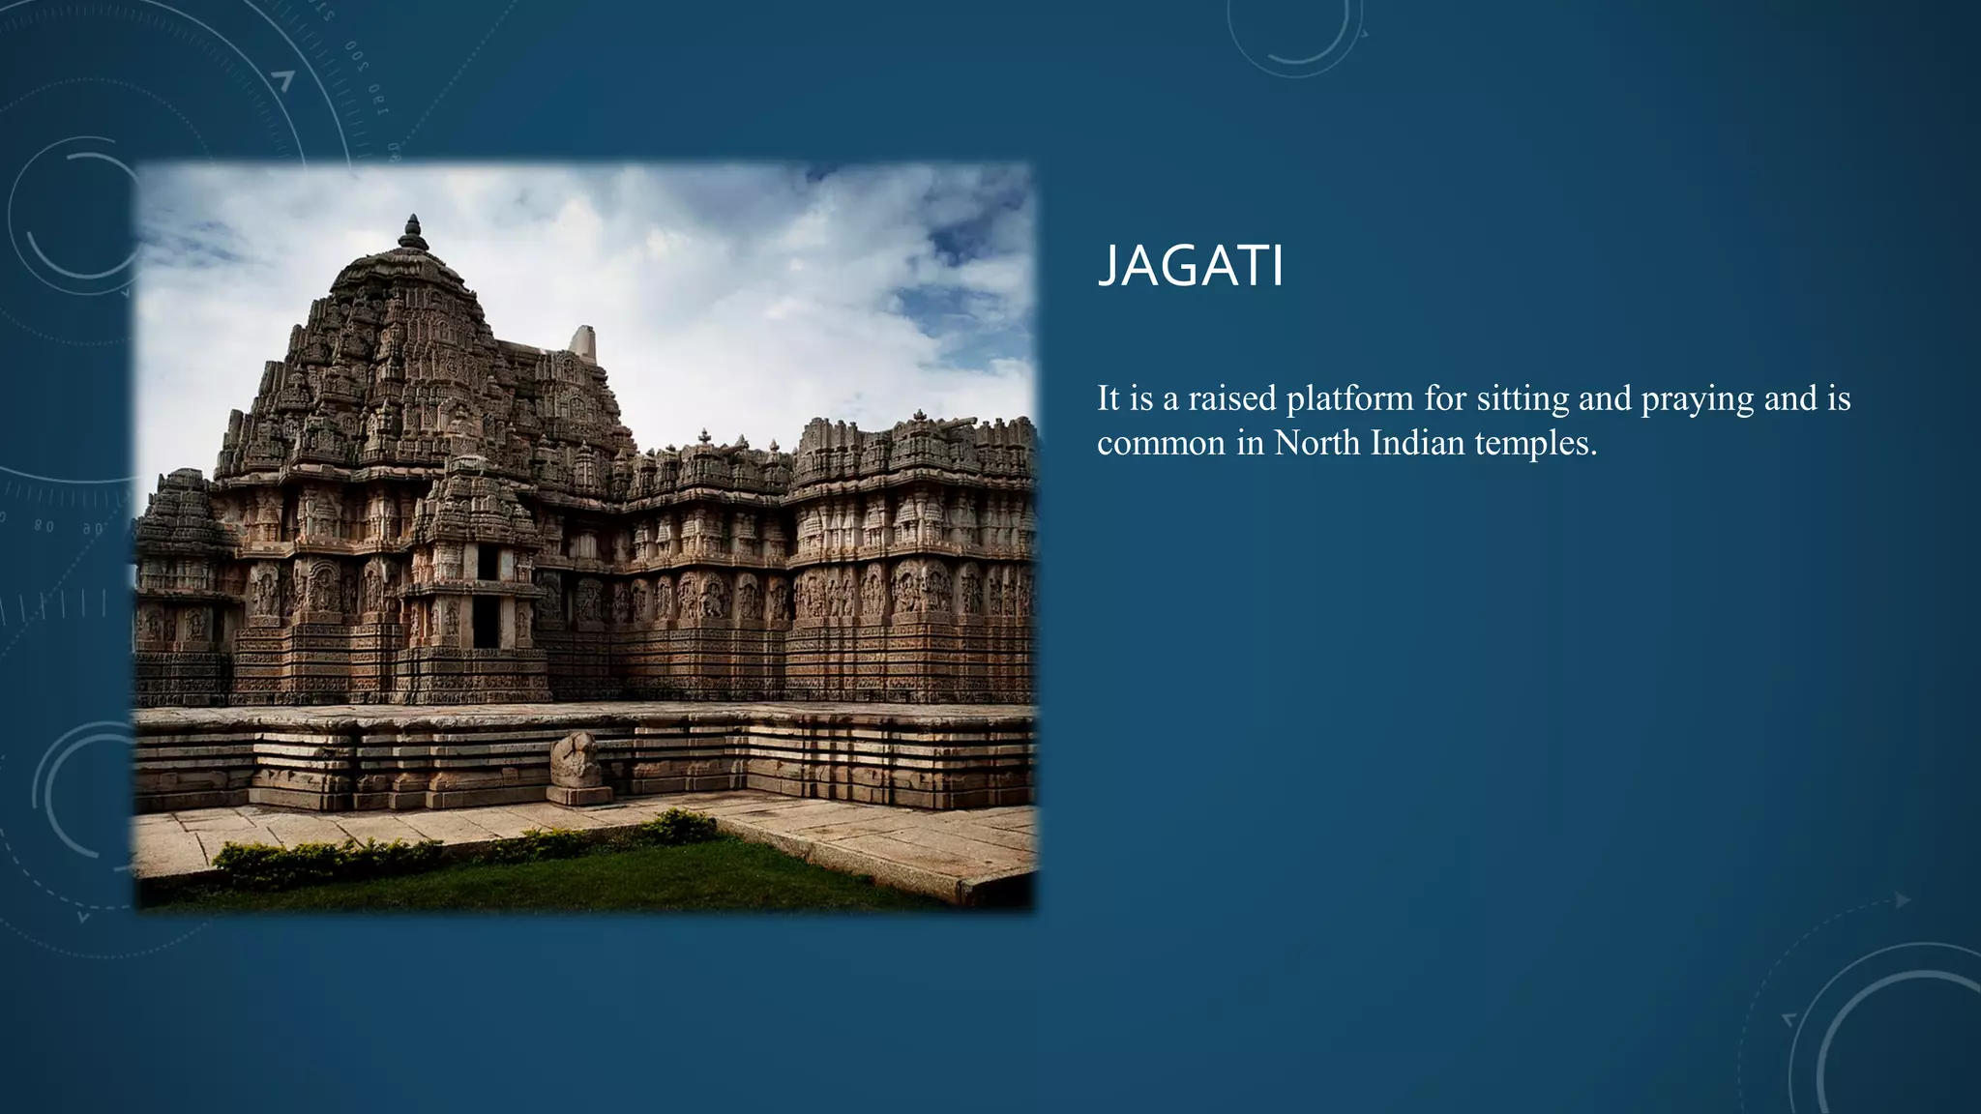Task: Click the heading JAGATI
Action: [1191, 266]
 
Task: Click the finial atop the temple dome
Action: [413, 232]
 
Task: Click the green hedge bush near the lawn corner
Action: [677, 826]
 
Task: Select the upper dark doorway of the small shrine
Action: [488, 563]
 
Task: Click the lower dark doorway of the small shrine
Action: [486, 622]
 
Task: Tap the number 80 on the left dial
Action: [44, 527]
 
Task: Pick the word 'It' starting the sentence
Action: [1109, 398]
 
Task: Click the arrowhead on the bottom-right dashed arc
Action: [1903, 900]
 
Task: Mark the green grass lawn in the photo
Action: [580, 875]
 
